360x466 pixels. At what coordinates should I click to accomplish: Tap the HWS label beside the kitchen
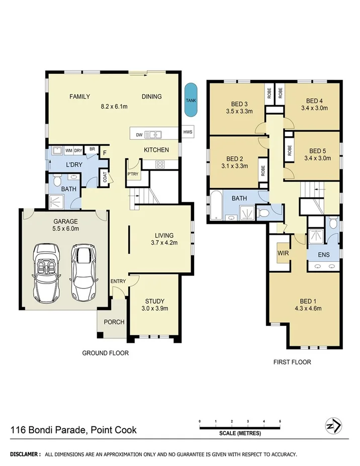tap(188, 133)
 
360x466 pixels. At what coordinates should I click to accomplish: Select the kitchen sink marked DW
tap(151, 134)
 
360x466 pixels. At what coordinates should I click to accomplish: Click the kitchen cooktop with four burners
tap(161, 164)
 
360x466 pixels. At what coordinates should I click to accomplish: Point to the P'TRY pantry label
tap(133, 174)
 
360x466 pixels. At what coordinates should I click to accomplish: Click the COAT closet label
tap(105, 177)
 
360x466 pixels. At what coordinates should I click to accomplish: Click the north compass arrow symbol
tap(334, 425)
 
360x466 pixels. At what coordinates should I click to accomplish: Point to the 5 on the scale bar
tap(280, 421)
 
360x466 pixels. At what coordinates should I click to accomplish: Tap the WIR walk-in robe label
tap(283, 253)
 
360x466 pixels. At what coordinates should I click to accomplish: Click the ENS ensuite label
tap(324, 255)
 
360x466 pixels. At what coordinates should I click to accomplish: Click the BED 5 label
tap(318, 150)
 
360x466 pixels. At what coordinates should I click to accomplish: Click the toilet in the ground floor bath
tap(57, 179)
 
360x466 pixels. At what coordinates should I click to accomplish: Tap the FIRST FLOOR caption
tap(292, 362)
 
